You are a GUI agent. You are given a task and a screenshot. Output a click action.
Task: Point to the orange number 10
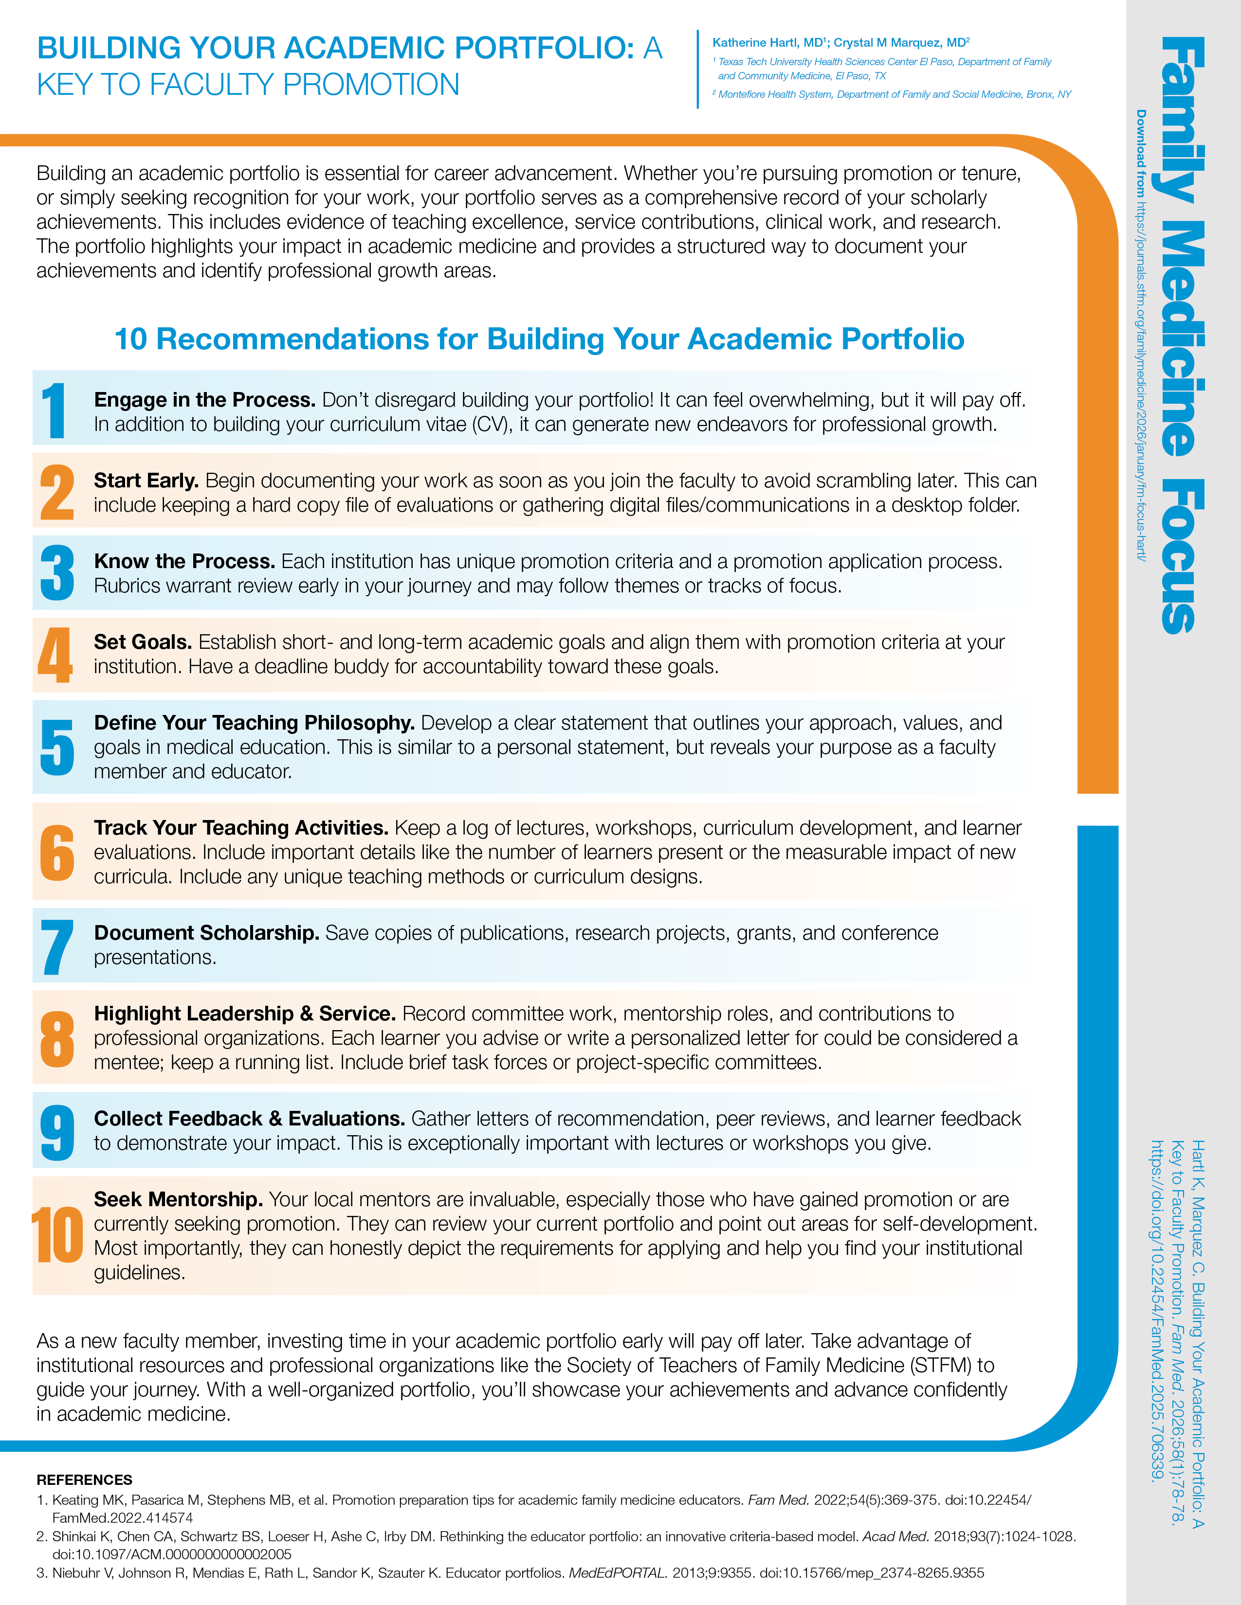pos(57,1235)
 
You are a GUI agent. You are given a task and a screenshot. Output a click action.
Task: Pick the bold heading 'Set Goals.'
pos(143,642)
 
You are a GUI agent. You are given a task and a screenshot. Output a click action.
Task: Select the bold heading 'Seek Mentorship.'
pos(178,1199)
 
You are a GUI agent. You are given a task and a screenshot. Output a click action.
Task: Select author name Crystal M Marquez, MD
pos(901,43)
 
